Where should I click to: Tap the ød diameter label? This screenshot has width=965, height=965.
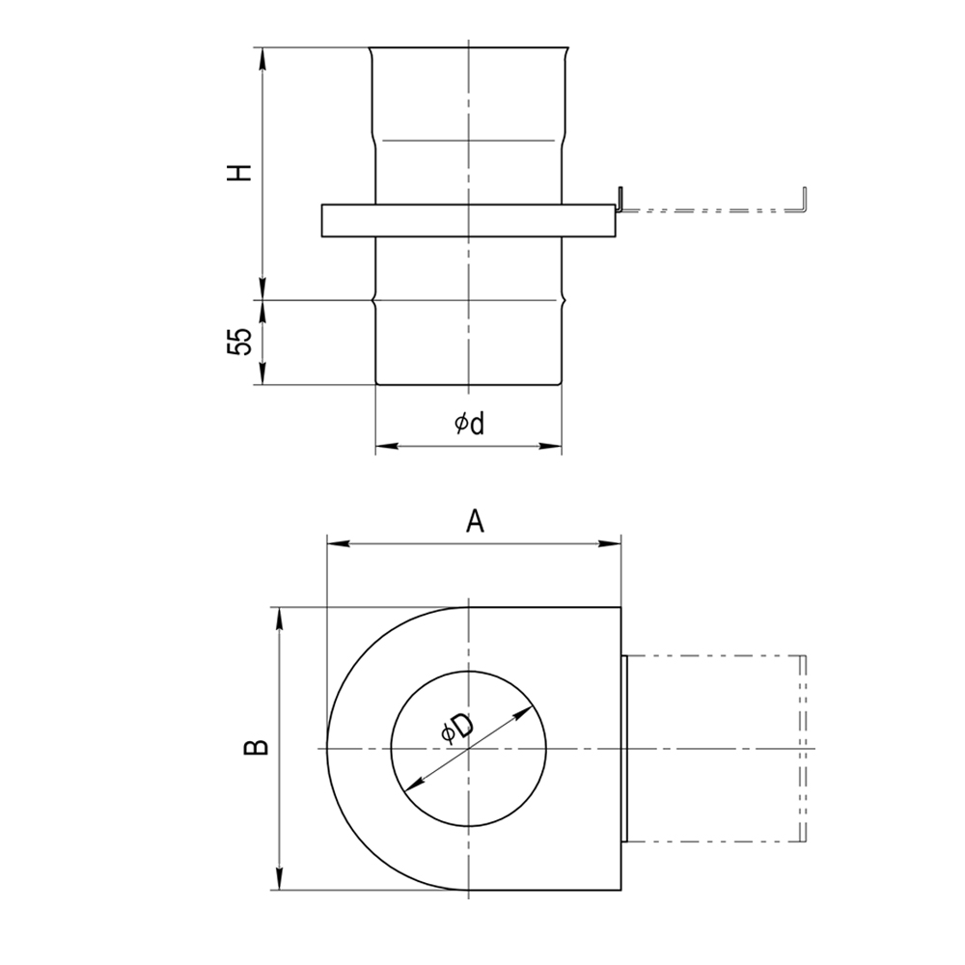click(470, 424)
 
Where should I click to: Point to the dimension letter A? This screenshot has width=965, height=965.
click(475, 522)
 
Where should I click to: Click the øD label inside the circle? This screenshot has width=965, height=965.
click(457, 728)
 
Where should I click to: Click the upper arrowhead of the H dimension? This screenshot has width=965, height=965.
click(262, 59)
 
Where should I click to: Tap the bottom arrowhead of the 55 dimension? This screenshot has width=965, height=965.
click(262, 373)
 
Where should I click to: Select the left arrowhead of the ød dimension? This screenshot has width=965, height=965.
click(387, 446)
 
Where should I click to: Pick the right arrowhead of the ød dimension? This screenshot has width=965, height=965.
click(550, 446)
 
